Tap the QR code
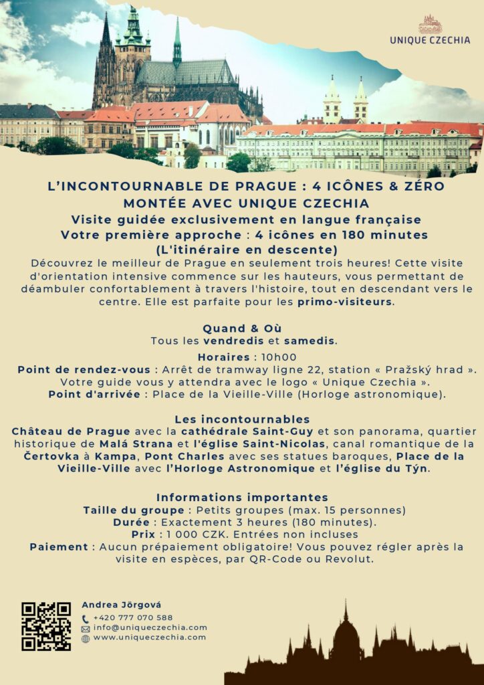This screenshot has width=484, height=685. pyautogui.click(x=46, y=626)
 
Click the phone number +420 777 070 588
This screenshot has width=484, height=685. pyautogui.click(x=132, y=617)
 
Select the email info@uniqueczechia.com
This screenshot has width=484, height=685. pyautogui.click(x=150, y=627)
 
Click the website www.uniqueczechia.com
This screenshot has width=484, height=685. pyautogui.click(x=149, y=638)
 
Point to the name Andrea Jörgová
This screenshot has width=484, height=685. pyautogui.click(x=121, y=605)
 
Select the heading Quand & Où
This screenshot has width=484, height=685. pyautogui.click(x=242, y=328)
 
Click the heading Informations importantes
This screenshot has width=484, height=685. pyautogui.click(x=242, y=498)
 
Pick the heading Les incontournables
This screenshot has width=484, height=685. pyautogui.click(x=242, y=419)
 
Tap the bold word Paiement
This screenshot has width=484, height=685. pyautogui.click(x=59, y=547)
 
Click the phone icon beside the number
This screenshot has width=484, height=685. pyautogui.click(x=86, y=619)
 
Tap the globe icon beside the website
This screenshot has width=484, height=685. pyautogui.click(x=86, y=638)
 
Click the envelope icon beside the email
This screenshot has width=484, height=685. pyautogui.click(x=86, y=629)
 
